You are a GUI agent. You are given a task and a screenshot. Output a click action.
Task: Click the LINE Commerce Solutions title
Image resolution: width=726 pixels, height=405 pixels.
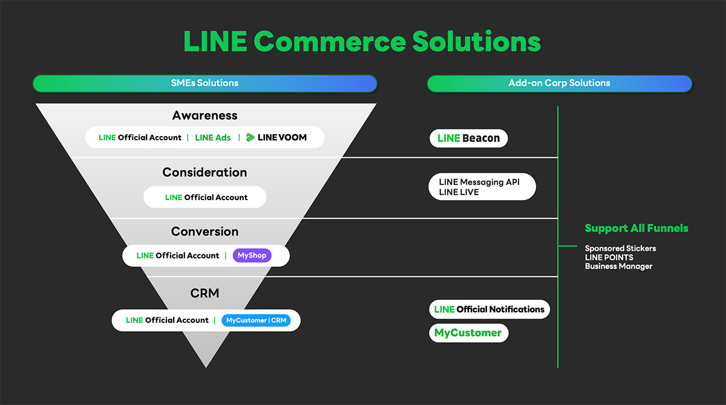(362, 42)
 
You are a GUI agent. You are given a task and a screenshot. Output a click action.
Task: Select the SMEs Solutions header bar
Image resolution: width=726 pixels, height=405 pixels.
(204, 83)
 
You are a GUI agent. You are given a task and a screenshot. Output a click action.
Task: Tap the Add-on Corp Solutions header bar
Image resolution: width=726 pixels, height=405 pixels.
(559, 83)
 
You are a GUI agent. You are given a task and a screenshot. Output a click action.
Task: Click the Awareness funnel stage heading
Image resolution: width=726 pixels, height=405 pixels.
(204, 115)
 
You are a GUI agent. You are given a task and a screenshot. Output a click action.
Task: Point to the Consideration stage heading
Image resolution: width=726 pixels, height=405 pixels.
(204, 172)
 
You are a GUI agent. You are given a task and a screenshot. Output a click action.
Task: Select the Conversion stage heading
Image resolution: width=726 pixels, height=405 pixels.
(204, 232)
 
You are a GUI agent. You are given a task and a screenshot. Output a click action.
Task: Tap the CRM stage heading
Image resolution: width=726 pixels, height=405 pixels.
(204, 293)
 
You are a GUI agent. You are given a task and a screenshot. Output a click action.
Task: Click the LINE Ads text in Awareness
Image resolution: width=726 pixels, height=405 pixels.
(213, 138)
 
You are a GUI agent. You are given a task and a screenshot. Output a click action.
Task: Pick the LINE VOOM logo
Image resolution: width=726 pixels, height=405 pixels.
(276, 138)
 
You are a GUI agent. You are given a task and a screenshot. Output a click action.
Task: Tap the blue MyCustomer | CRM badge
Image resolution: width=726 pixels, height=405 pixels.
(256, 320)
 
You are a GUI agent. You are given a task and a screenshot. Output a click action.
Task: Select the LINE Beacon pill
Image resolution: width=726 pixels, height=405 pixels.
(468, 138)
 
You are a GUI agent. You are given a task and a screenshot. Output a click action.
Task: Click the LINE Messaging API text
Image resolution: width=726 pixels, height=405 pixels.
(479, 182)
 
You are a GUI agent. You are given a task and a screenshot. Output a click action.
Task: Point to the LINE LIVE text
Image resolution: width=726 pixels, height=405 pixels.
(459, 192)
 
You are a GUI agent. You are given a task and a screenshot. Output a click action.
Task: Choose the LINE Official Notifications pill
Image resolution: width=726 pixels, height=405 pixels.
(489, 309)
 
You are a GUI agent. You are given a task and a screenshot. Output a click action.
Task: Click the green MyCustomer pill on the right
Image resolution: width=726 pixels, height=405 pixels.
(468, 333)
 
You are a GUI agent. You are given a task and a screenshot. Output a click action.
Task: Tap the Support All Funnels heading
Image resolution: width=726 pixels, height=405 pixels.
(636, 228)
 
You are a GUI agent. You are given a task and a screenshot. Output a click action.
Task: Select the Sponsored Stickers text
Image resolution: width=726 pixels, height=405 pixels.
(620, 248)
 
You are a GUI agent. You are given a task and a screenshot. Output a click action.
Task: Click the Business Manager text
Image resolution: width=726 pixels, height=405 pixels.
(618, 267)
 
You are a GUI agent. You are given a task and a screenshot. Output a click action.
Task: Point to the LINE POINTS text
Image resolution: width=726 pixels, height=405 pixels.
(609, 258)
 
